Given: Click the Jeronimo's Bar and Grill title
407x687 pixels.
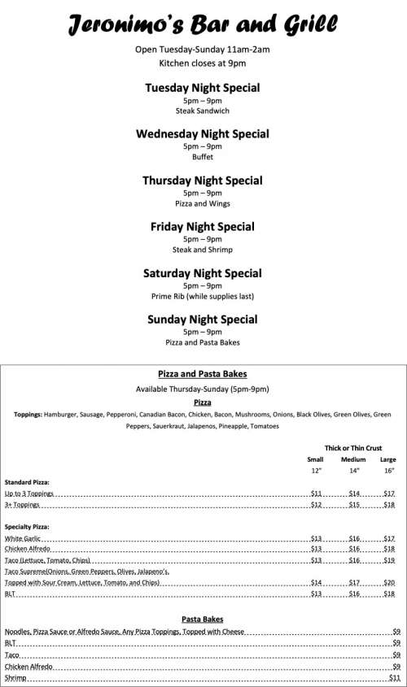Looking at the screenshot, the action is (x=203, y=24).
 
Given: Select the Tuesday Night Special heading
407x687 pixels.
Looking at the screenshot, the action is (x=203, y=88).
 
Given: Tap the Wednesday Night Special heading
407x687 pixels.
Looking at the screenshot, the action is (x=203, y=134).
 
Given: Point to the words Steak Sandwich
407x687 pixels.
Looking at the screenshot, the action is (x=203, y=111).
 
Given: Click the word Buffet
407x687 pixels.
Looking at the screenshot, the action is (x=203, y=157).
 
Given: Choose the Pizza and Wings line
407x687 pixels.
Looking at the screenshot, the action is (x=203, y=203).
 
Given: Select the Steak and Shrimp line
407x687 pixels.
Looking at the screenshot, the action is (x=203, y=250).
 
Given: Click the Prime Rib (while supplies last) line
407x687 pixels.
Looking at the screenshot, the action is (x=203, y=296).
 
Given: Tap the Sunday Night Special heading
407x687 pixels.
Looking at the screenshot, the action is (x=203, y=320).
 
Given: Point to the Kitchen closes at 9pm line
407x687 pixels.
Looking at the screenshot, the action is (x=203, y=62).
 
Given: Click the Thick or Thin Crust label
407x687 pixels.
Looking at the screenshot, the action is (x=352, y=448).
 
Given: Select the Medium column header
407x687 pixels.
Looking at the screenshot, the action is (x=353, y=459).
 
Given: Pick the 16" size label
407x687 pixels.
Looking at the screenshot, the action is (x=388, y=471).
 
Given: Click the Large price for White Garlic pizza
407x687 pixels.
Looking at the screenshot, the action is (x=388, y=538).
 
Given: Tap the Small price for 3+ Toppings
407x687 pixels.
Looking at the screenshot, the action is (x=317, y=504).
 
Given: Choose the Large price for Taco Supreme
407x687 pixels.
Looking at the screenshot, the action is (x=388, y=582).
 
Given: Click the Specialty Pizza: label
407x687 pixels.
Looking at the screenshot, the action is (x=27, y=527).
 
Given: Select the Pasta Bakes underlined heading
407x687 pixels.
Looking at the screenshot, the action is (x=203, y=618).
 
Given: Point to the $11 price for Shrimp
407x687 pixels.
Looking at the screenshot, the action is (x=395, y=677).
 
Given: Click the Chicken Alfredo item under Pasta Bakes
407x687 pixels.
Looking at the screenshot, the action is (x=29, y=666).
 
